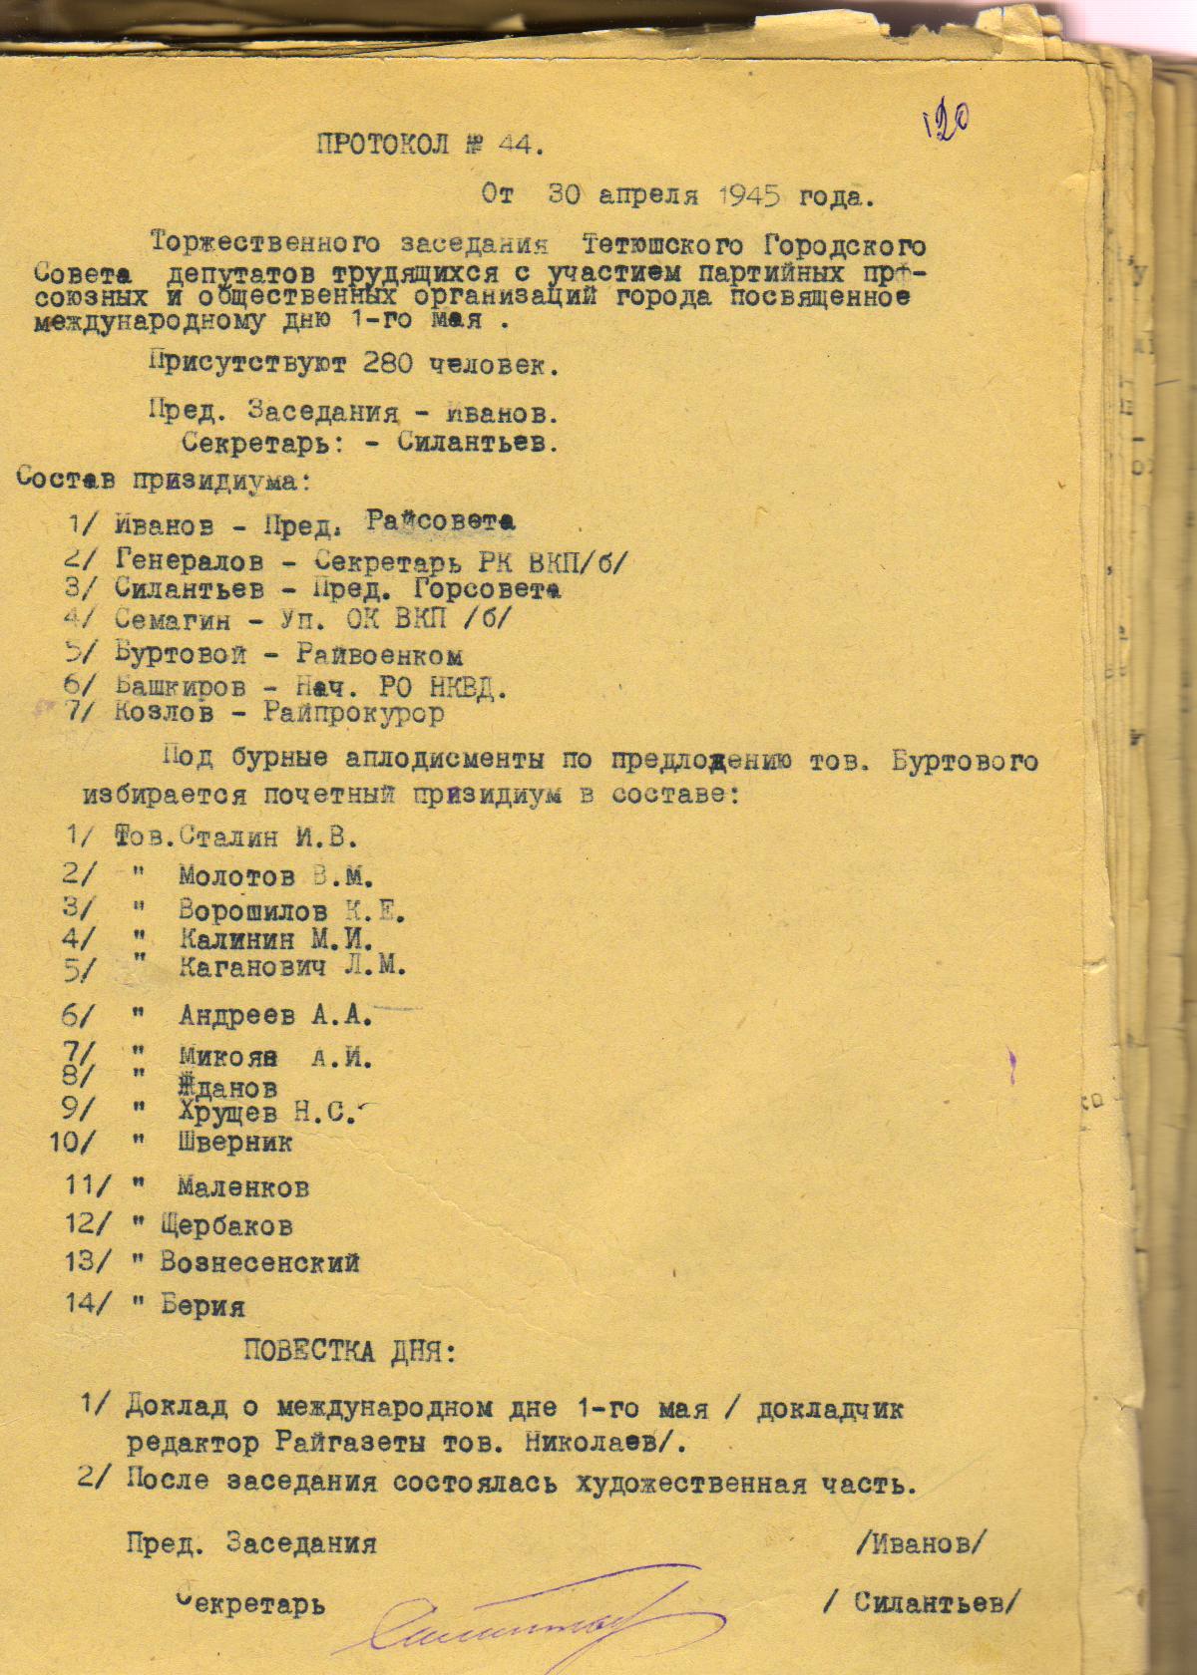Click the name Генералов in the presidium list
point(191,562)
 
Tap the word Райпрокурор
point(353,713)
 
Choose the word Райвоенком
point(379,655)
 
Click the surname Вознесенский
point(259,1262)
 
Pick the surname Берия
point(202,1306)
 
